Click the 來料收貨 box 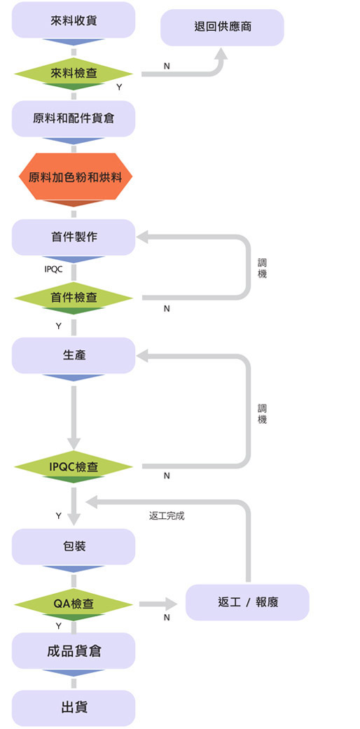point(74,20)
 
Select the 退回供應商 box point(222,27)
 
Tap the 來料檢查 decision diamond point(74,74)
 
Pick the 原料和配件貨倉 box point(74,118)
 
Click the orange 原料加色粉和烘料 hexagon point(76,176)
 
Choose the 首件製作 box point(74,237)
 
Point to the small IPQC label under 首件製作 point(53,269)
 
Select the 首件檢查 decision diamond point(74,298)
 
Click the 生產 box point(74,356)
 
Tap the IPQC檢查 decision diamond point(74,466)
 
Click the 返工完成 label point(167,515)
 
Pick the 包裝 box point(74,546)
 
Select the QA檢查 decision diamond point(74,604)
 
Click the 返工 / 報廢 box point(247,602)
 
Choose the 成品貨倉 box point(74,651)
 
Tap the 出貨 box point(74,708)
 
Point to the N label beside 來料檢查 point(167,67)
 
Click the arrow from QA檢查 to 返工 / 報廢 point(158,604)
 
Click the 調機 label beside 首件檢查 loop point(263,269)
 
